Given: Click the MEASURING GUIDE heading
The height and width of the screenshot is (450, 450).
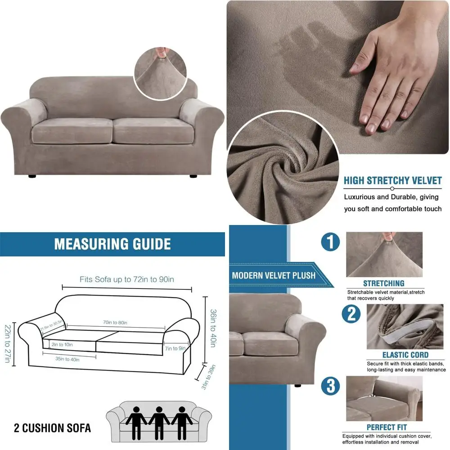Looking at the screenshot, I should (112, 244).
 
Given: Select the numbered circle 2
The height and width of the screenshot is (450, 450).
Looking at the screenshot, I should (351, 314).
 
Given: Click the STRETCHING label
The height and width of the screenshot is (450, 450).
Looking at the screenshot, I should (384, 283).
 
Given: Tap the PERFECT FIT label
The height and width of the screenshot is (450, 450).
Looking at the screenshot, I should (387, 427).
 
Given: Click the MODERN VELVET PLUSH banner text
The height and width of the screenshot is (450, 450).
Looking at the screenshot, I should (274, 275).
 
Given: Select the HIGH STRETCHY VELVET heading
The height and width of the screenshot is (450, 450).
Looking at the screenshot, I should (392, 181).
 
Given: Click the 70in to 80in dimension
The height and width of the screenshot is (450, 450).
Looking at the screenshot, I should (115, 323).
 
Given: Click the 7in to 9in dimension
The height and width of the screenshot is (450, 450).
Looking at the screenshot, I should (175, 348).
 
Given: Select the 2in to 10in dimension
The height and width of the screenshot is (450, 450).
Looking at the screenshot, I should (61, 345).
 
